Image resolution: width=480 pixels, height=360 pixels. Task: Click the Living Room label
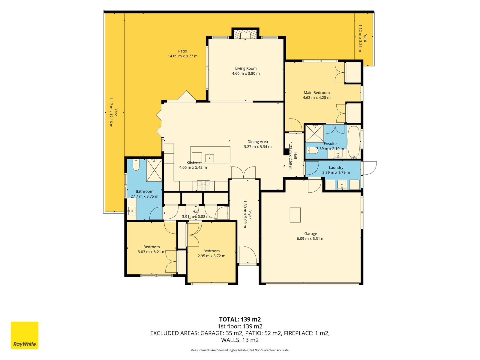[x=246, y=68]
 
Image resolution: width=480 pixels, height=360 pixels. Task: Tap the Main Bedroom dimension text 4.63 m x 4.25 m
[x=316, y=97]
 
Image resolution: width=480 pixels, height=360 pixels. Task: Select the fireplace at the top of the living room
[x=245, y=34]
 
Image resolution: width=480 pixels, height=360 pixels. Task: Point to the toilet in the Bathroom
[x=136, y=165]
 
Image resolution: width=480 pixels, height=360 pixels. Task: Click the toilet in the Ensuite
[x=312, y=150]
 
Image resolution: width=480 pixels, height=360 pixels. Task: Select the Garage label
[x=310, y=234]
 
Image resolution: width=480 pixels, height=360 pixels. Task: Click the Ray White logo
[x=25, y=335]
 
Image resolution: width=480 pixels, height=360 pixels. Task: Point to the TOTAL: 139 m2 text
[x=240, y=319]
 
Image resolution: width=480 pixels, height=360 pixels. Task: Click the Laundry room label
[x=336, y=167]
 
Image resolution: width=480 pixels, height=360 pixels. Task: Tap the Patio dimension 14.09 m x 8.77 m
[x=183, y=56]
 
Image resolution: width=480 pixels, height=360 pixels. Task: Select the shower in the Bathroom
[x=154, y=170]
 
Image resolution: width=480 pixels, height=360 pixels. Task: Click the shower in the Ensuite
[x=314, y=133]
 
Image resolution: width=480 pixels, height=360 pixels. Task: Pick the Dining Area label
[x=258, y=142]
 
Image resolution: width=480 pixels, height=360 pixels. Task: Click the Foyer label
[x=250, y=214]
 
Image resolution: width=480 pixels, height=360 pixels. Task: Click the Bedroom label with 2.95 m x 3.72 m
[x=211, y=251]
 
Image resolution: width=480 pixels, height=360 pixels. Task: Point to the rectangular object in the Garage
[x=295, y=215]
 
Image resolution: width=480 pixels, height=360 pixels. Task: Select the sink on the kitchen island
[x=209, y=158]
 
